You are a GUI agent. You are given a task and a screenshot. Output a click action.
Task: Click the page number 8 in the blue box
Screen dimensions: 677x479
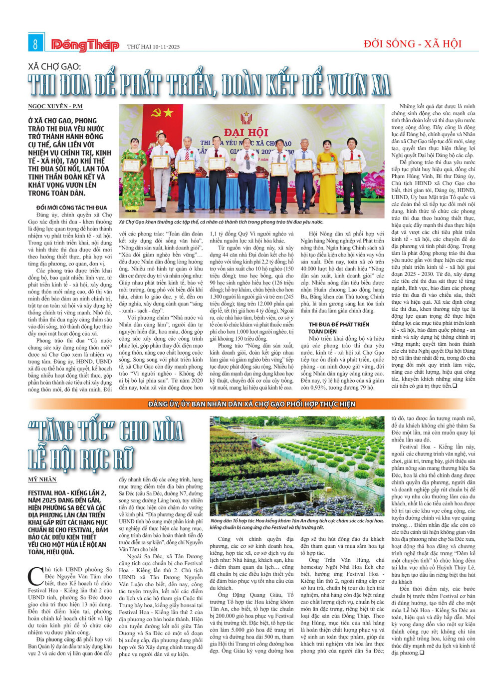point(35,44)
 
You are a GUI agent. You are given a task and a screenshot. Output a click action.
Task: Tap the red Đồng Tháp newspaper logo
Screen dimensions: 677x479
point(85,45)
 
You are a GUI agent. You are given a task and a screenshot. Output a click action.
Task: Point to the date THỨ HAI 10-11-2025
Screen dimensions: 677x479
point(153,47)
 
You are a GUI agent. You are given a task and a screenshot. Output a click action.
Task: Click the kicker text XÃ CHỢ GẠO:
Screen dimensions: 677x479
point(54,66)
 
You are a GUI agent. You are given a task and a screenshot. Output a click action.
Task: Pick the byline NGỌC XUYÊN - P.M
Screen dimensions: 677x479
point(55,106)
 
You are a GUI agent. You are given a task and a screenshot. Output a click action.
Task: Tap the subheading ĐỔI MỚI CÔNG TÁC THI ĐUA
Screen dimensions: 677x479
point(71,207)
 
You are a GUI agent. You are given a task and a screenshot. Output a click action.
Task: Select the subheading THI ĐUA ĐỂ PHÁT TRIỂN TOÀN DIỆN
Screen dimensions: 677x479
point(339,327)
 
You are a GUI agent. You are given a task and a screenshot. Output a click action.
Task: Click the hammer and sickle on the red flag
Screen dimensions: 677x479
point(156,113)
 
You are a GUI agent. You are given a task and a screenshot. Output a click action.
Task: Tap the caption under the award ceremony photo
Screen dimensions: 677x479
point(221,222)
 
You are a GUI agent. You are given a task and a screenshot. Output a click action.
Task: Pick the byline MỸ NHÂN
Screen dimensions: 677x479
point(42,479)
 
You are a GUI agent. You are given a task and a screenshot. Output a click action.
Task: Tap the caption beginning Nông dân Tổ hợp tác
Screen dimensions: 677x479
point(297,523)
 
